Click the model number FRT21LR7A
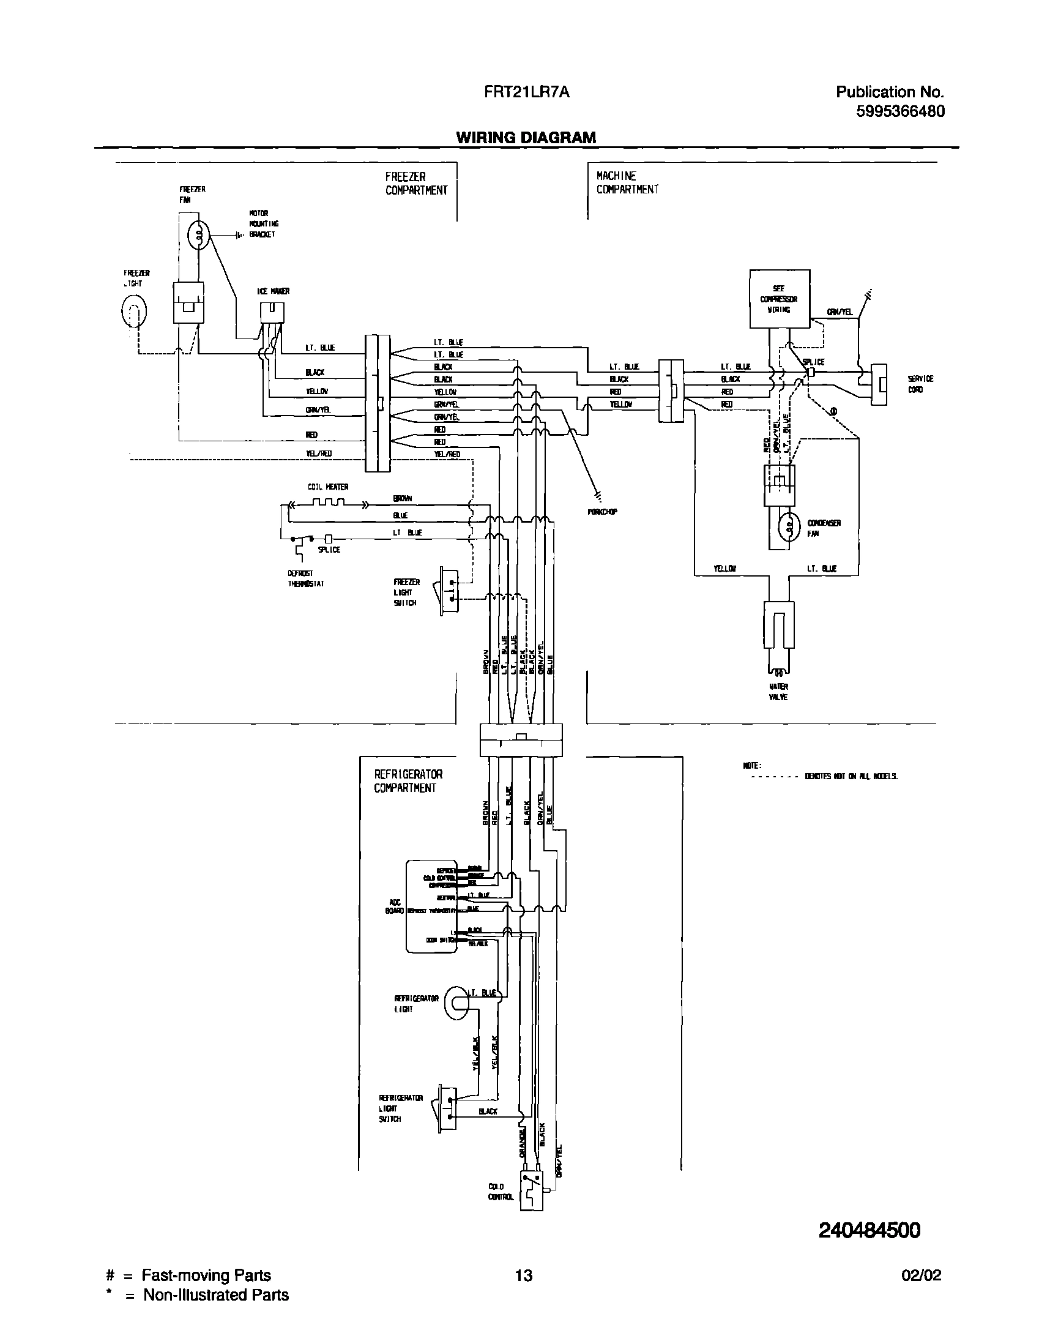[x=526, y=92]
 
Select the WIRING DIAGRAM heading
[x=526, y=138]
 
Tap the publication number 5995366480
[x=900, y=111]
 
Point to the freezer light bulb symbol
[x=134, y=312]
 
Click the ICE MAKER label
[x=273, y=291]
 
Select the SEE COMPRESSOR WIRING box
[x=779, y=299]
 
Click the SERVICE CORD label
[x=920, y=384]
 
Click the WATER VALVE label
[x=778, y=692]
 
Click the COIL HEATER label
[x=327, y=487]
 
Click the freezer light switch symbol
[x=448, y=591]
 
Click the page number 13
[x=524, y=1276]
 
